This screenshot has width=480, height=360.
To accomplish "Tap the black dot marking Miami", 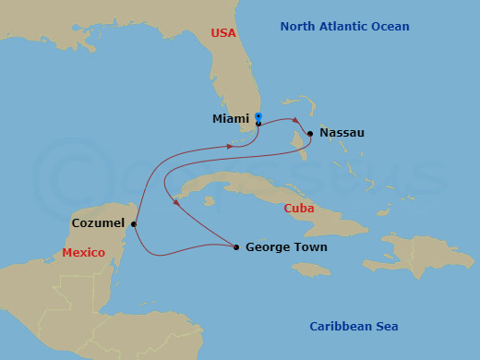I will click(x=258, y=124).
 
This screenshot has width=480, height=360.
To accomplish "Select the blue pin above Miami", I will click(x=258, y=116).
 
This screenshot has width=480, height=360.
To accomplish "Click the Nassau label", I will click(x=342, y=133).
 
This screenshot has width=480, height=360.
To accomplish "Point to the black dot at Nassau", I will click(x=310, y=134).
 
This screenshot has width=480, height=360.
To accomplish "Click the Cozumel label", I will click(x=98, y=223).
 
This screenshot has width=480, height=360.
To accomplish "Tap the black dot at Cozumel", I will click(x=134, y=223).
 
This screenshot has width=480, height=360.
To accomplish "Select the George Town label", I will click(x=286, y=247).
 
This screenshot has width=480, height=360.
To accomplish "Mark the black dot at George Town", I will click(x=237, y=246).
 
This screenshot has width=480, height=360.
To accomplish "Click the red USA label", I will click(x=223, y=32).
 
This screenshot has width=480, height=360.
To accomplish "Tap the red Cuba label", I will click(x=296, y=210).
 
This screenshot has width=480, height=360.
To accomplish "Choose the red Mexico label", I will click(x=83, y=252).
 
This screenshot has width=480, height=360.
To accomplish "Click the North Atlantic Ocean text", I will click(x=344, y=27).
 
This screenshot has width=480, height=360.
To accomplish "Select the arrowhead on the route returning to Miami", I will click(x=231, y=146).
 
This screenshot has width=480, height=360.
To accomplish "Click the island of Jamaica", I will click(x=311, y=269).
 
